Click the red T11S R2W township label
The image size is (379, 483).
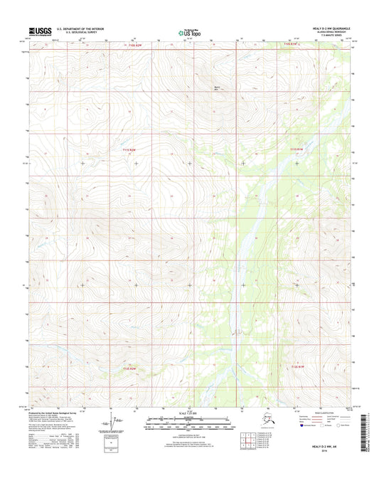point(126,149)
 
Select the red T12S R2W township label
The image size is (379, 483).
point(127,368)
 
